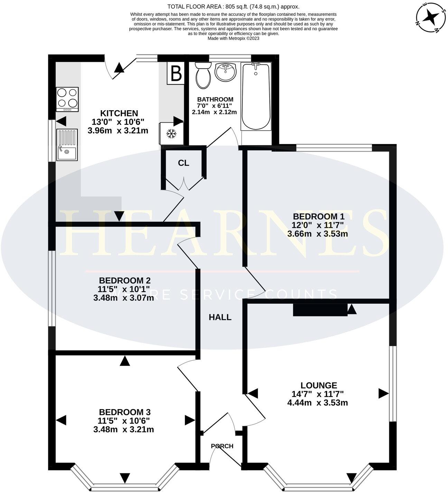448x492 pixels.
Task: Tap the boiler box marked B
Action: [176, 73]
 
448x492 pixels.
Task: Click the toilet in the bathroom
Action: [203, 75]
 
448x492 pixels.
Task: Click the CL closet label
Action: [184, 163]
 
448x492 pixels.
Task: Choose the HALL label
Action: [220, 317]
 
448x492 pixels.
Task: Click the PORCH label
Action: [222, 446]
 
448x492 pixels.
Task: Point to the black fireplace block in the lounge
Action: [320, 310]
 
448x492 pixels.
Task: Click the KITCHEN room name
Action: [119, 113]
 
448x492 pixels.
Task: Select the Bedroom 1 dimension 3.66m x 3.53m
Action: [317, 234]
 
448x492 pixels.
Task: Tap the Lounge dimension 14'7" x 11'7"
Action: [317, 394]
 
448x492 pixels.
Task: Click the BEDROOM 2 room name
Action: [124, 280]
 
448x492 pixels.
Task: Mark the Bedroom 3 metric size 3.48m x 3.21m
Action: [123, 429]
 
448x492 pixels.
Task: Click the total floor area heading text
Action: [233, 7]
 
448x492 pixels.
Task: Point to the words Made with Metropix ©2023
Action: [233, 38]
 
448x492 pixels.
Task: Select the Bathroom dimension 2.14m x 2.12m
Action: [214, 112]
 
